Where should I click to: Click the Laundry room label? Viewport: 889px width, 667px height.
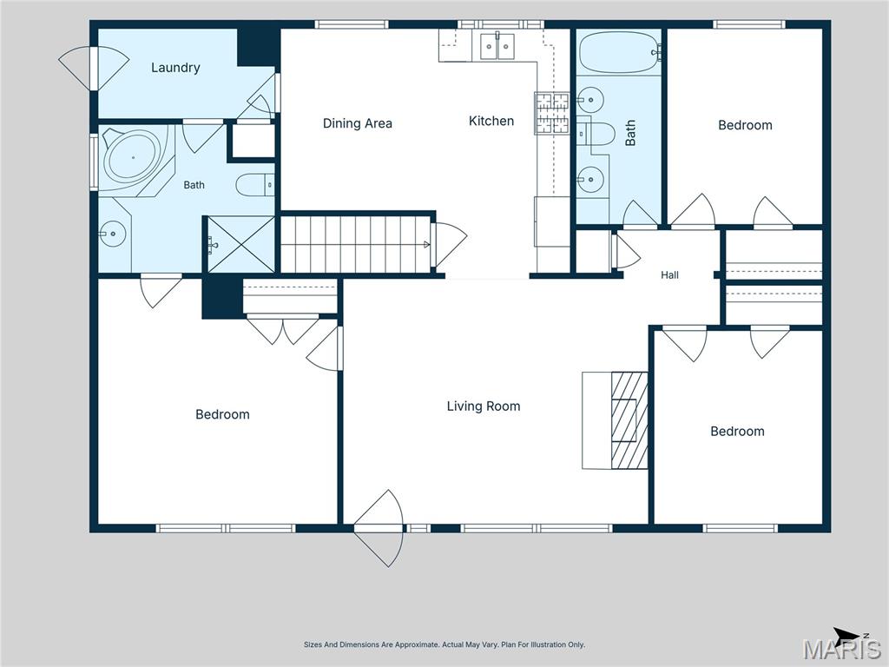[175, 68]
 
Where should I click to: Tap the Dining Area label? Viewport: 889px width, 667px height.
[357, 123]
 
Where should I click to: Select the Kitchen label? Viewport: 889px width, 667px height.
[491, 121]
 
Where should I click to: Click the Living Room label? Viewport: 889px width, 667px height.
[484, 406]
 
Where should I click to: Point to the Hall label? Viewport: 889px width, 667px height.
[669, 275]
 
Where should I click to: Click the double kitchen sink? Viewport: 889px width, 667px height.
[497, 47]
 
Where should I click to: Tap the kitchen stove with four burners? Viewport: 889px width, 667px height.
[551, 114]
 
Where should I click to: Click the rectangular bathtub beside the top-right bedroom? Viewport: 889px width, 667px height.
[620, 52]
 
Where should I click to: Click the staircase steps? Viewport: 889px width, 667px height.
[355, 244]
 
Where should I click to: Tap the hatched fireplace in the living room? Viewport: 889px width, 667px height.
[629, 420]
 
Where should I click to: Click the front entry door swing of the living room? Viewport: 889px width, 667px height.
[379, 529]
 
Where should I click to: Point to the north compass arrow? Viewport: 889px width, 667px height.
[846, 633]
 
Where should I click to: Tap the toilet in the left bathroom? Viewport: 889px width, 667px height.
[255, 185]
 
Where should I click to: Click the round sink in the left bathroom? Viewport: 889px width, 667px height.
[112, 233]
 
